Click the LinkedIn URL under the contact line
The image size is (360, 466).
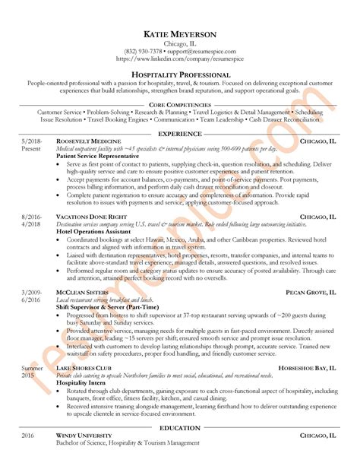click(180, 59)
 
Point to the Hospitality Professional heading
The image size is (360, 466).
click(180, 74)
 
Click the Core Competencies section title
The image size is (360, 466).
click(180, 103)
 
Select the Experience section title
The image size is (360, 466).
click(180, 133)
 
